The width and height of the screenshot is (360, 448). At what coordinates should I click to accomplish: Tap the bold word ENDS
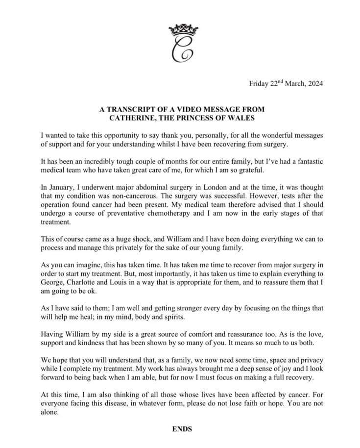182,429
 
